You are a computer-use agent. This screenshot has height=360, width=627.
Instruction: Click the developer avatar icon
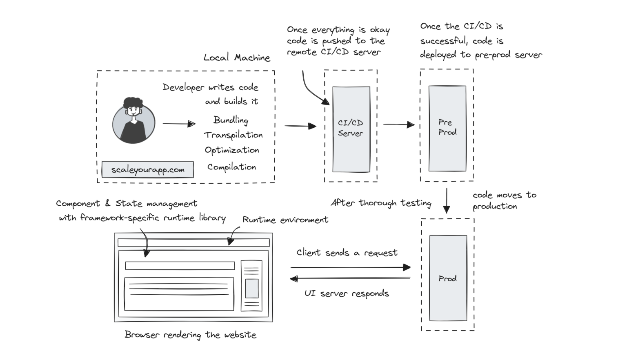tap(133, 120)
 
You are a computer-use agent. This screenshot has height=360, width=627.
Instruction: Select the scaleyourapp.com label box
tap(147, 169)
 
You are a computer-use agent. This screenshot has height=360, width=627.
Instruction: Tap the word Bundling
tap(231, 120)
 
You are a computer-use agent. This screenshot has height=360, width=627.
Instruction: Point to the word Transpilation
tap(233, 135)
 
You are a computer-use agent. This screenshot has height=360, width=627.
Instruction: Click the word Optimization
tap(232, 150)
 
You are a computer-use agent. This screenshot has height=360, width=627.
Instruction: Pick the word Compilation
tap(231, 167)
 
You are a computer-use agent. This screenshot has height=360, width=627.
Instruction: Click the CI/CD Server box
tap(351, 129)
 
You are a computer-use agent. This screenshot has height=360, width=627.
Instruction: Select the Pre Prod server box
tap(447, 128)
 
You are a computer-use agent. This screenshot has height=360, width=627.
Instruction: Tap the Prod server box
tap(448, 278)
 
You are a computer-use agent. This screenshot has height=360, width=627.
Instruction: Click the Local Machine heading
tap(237, 58)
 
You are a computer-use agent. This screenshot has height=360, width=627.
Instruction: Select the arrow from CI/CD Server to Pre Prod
tap(399, 124)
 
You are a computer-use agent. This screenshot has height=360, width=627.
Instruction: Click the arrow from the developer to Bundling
tap(179, 124)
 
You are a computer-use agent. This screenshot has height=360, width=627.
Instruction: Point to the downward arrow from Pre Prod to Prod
tap(447, 200)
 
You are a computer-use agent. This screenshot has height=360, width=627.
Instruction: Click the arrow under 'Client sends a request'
tap(350, 267)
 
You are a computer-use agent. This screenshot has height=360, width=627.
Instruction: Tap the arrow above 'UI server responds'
tap(350, 279)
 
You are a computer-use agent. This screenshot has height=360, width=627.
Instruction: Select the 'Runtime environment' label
tap(285, 220)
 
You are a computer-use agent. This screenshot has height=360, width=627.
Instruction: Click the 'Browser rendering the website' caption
tap(190, 335)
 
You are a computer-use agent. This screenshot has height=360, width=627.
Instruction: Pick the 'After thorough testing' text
tap(381, 203)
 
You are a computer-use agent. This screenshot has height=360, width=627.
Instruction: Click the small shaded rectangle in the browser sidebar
tap(251, 288)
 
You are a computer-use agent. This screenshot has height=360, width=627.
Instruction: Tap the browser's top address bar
tap(193, 242)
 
